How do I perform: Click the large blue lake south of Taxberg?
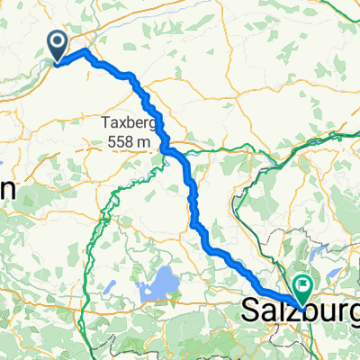coord(157,287)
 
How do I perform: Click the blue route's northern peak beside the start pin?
coord(86,52)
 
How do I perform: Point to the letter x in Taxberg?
coord(121,121)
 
